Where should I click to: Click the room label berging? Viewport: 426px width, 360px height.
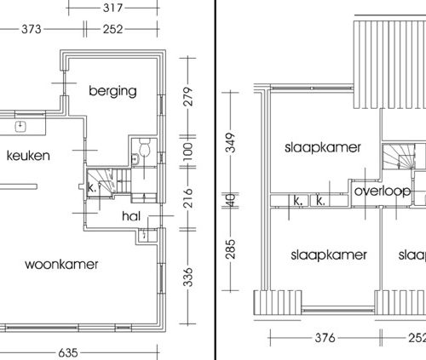[x=112, y=91]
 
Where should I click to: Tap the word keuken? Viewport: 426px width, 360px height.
[x=28, y=156]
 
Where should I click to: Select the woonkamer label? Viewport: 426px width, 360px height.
[x=61, y=265]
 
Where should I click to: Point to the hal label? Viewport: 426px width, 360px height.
[x=131, y=216]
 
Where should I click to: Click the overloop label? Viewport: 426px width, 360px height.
[x=383, y=191]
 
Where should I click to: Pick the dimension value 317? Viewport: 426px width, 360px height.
[x=112, y=8]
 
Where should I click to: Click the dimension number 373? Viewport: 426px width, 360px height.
[x=32, y=29]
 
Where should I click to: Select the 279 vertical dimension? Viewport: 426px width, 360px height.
[x=188, y=97]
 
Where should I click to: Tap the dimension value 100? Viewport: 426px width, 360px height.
[x=188, y=151]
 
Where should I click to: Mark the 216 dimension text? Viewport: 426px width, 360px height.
[x=188, y=197]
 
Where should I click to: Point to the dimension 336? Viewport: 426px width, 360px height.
[x=188, y=277]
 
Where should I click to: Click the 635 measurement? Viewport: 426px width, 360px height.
[x=68, y=353]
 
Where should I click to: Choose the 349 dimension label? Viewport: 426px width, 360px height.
[x=231, y=143]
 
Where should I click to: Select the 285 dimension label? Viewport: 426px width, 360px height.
[x=231, y=249]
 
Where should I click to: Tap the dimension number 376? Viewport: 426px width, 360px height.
[x=325, y=338]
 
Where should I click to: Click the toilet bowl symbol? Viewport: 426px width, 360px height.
[x=145, y=147]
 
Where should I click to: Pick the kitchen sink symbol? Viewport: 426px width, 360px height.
[x=20, y=127]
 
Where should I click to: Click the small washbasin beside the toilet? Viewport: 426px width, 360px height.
[x=135, y=159]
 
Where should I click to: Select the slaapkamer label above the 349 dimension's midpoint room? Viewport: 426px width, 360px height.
[x=323, y=147]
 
